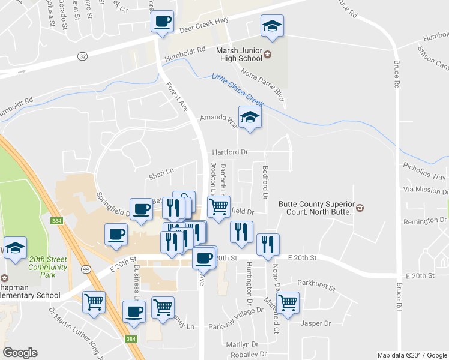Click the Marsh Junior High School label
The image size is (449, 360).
239,55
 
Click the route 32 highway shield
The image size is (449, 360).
82,56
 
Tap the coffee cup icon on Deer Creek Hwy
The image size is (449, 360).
162,23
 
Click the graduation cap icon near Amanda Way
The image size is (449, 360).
250,116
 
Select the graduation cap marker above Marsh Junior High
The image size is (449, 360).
272,26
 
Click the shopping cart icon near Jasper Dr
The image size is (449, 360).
288,302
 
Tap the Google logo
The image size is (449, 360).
20,353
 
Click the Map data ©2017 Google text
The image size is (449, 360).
412,355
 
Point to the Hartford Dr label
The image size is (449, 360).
231,152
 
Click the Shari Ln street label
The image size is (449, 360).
161,174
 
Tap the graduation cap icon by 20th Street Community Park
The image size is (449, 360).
15,248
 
